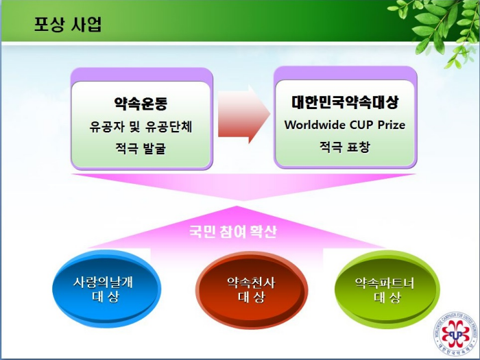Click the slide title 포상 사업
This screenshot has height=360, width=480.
tap(68, 25)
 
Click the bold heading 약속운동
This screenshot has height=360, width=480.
tap(141, 103)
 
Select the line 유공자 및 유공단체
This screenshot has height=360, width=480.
tap(141, 126)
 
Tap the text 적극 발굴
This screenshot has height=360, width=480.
tap(141, 149)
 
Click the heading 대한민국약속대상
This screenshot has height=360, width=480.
tap(345, 102)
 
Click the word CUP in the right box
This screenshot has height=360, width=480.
tap(363, 125)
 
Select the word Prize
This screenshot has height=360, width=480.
tap(392, 125)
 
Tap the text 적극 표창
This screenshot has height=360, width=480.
tap(345, 147)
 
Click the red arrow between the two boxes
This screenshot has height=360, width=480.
tap(243, 114)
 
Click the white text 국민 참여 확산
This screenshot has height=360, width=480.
tap(233, 232)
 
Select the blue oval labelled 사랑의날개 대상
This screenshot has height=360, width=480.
tap(106, 289)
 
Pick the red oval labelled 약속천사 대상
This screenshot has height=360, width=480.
tap(252, 290)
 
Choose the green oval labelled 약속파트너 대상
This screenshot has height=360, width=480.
tap(387, 290)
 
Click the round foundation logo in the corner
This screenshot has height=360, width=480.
tap(456, 335)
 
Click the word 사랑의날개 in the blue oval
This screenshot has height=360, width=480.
tap(103, 282)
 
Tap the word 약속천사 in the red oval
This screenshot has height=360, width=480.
tap(251, 283)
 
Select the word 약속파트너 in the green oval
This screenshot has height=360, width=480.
tap(385, 283)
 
